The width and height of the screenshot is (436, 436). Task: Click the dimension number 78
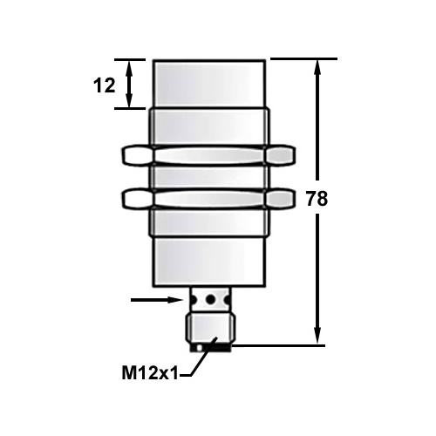(x=317, y=199)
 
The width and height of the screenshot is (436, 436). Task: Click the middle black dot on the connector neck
(x=210, y=300)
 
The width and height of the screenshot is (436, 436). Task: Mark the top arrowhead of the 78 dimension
(x=318, y=65)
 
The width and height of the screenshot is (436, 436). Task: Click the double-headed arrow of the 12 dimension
(x=131, y=84)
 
